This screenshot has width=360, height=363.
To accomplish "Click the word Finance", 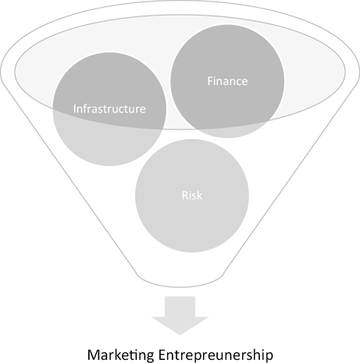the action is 227,81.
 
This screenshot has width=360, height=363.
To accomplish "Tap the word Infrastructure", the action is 109,109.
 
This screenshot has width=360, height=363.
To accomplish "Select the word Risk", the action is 192,195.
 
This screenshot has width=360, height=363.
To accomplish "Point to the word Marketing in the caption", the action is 121,354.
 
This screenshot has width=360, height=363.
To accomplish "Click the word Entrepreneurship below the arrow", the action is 216,354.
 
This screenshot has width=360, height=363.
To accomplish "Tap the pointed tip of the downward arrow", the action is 180,335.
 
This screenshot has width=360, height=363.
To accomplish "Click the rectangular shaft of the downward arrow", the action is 180,307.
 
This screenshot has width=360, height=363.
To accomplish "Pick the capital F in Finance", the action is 210,81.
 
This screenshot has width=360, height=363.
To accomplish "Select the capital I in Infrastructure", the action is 75,109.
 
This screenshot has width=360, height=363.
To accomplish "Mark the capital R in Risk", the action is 185,195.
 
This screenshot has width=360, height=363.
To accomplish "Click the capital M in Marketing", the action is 94,354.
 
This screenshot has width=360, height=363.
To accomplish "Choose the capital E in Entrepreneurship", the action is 162,354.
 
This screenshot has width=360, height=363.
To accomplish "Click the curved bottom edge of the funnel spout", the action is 180,287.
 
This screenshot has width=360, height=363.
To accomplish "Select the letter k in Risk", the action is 199,195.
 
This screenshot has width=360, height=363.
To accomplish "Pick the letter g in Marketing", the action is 151,356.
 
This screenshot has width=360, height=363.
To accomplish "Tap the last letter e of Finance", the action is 244,83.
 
